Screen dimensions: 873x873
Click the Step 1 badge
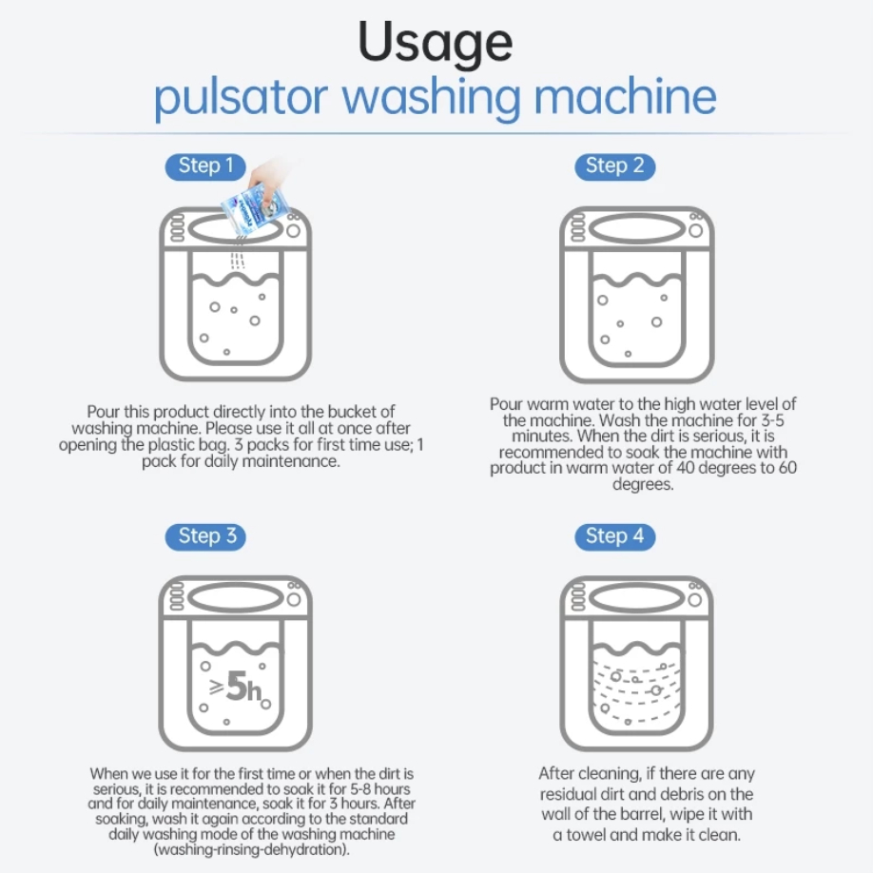pyautogui.click(x=205, y=166)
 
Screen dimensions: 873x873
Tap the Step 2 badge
pyautogui.click(x=614, y=166)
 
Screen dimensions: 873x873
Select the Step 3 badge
pyautogui.click(x=205, y=536)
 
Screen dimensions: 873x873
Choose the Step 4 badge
pyautogui.click(x=614, y=536)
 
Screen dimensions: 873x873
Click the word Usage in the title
pyautogui.click(x=435, y=44)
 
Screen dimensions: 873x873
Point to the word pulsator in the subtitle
pyautogui.click(x=241, y=97)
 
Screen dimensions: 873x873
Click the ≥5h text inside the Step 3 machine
pyautogui.click(x=236, y=687)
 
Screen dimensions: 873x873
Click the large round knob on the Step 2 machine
pyautogui.click(x=695, y=230)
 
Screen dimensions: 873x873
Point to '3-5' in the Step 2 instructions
pyautogui.click(x=772, y=419)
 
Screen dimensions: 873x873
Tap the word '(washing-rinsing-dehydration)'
pyautogui.click(x=252, y=849)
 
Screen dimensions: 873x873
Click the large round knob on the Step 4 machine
pyautogui.click(x=695, y=600)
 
